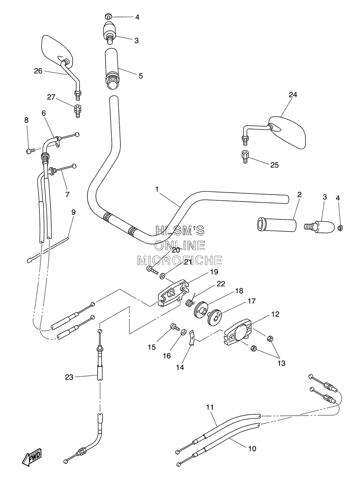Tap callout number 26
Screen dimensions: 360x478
coord(38,71)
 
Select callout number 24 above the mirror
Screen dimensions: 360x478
coord(293,95)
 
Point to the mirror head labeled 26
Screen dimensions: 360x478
coord(57,51)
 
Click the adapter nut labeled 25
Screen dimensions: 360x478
coord(245,156)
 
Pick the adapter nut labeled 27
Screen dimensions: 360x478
coord(77,111)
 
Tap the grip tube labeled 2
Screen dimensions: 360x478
coord(277,225)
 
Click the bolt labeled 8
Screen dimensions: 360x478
coord(30,151)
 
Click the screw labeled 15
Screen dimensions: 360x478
coord(174,327)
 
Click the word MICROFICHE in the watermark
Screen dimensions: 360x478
coord(179,260)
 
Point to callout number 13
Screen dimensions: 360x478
coord(281,363)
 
